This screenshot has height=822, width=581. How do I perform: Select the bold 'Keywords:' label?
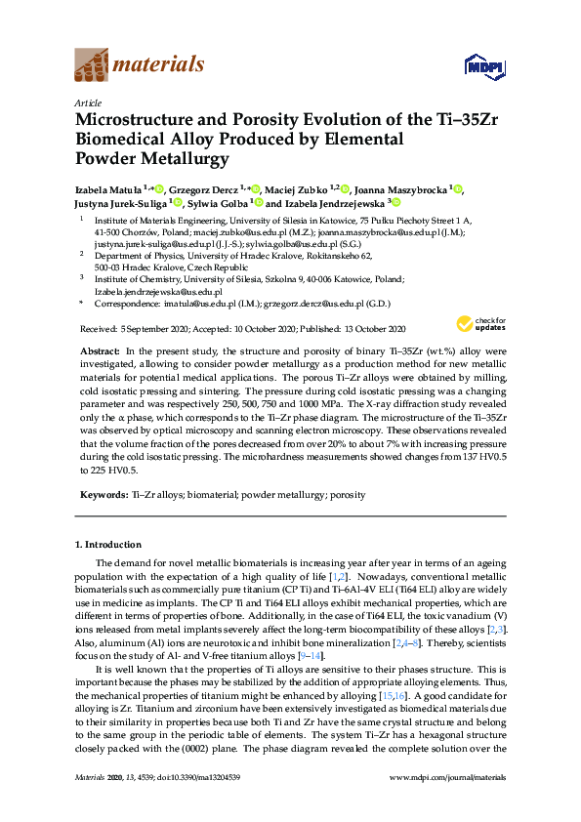coord(104,495)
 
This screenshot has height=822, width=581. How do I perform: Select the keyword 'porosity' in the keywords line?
coord(348,495)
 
